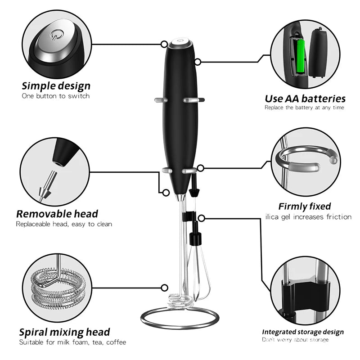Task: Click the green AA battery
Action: click(300, 56)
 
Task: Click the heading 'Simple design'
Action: click(56, 85)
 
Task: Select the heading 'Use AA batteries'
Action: click(305, 98)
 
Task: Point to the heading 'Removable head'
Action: click(57, 213)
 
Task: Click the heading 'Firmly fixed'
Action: click(305, 207)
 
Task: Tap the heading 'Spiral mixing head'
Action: click(64, 332)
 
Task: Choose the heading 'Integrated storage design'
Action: click(303, 332)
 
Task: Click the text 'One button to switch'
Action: click(56, 96)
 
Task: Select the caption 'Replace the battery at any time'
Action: click(304, 108)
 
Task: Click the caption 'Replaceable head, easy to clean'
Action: click(64, 224)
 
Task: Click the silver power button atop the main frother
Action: click(180, 43)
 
